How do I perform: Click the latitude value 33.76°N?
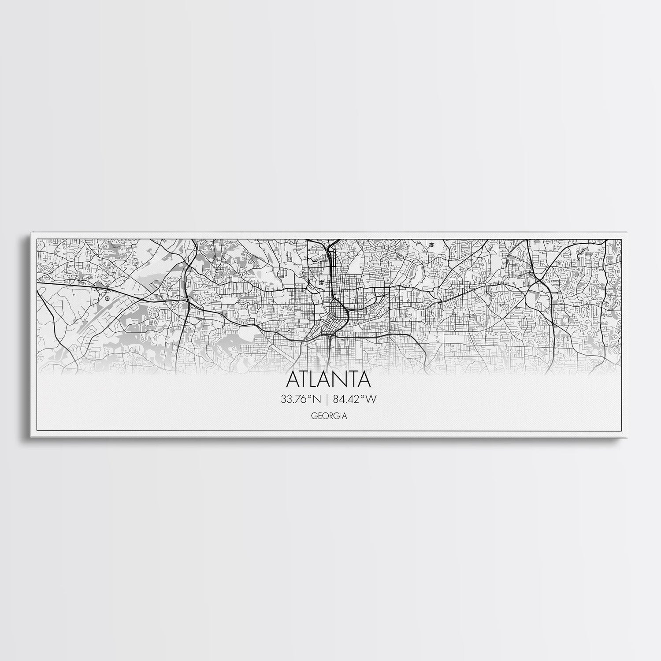point(302,399)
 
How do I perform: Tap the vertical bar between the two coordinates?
point(327,399)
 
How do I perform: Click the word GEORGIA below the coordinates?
point(328,415)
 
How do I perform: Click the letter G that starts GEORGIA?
point(313,415)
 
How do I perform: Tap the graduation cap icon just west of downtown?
point(322,282)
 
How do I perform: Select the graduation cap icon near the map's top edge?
point(431,245)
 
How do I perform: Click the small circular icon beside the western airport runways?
point(107,298)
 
